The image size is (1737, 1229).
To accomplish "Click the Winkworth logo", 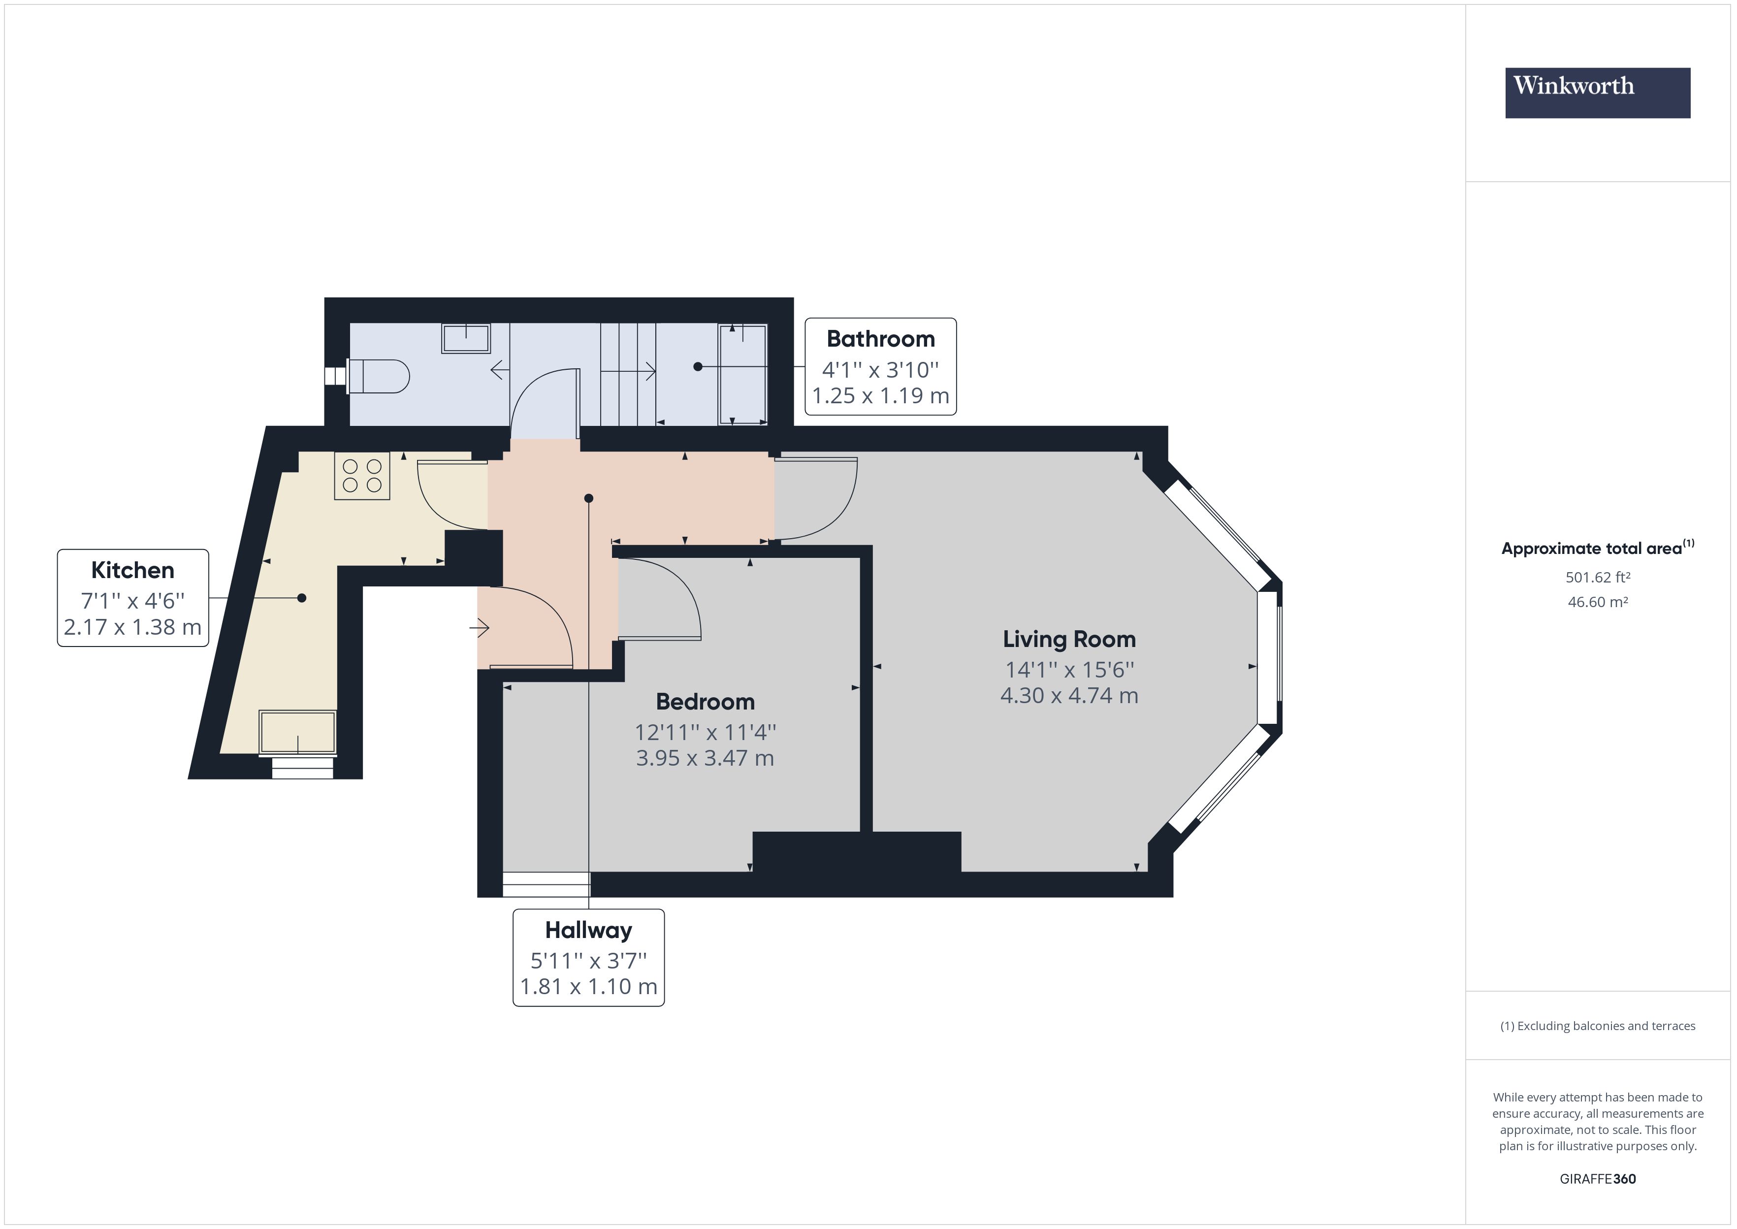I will pyautogui.click(x=1597, y=93).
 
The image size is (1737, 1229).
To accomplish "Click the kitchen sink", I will pyautogui.click(x=297, y=732).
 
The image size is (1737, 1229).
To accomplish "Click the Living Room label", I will pyautogui.click(x=1068, y=640).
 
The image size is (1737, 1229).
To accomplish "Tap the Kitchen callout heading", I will pyautogui.click(x=132, y=570).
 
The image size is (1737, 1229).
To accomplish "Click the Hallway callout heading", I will pyautogui.click(x=588, y=930).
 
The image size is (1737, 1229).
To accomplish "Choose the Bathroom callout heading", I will pyautogui.click(x=880, y=339).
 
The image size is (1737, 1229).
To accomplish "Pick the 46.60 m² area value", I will pyautogui.click(x=1597, y=602).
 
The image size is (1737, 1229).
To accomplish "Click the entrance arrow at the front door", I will pyautogui.click(x=480, y=627).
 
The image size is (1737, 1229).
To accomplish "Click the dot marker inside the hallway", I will pyautogui.click(x=588, y=498).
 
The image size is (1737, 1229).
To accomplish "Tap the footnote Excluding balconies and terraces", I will pyautogui.click(x=1597, y=1026).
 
